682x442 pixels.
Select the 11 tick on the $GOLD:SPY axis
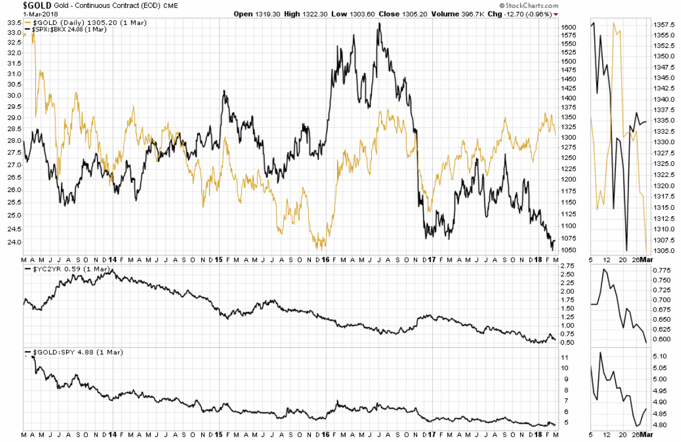point(564,357)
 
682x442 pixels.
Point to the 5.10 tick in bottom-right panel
point(660,357)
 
